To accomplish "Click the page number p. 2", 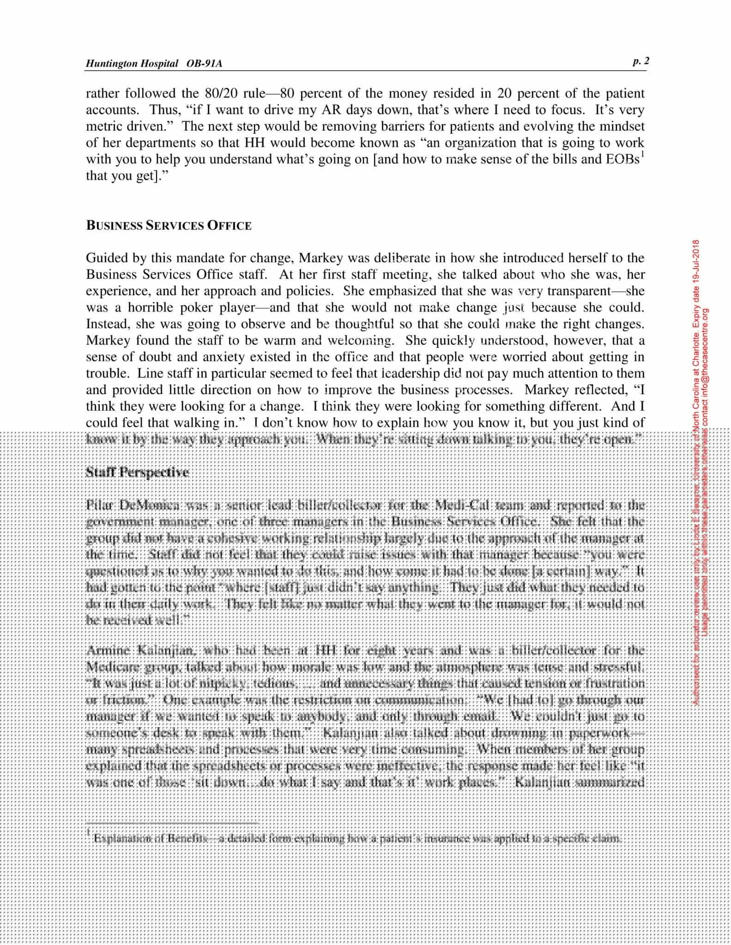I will [640, 61].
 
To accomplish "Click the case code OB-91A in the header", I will [204, 64].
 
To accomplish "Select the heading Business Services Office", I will [169, 226].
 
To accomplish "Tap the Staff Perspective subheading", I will [138, 472].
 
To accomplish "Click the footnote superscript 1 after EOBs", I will [642, 155].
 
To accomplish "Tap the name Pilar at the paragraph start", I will [100, 505].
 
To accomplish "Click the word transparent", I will [579, 291].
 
